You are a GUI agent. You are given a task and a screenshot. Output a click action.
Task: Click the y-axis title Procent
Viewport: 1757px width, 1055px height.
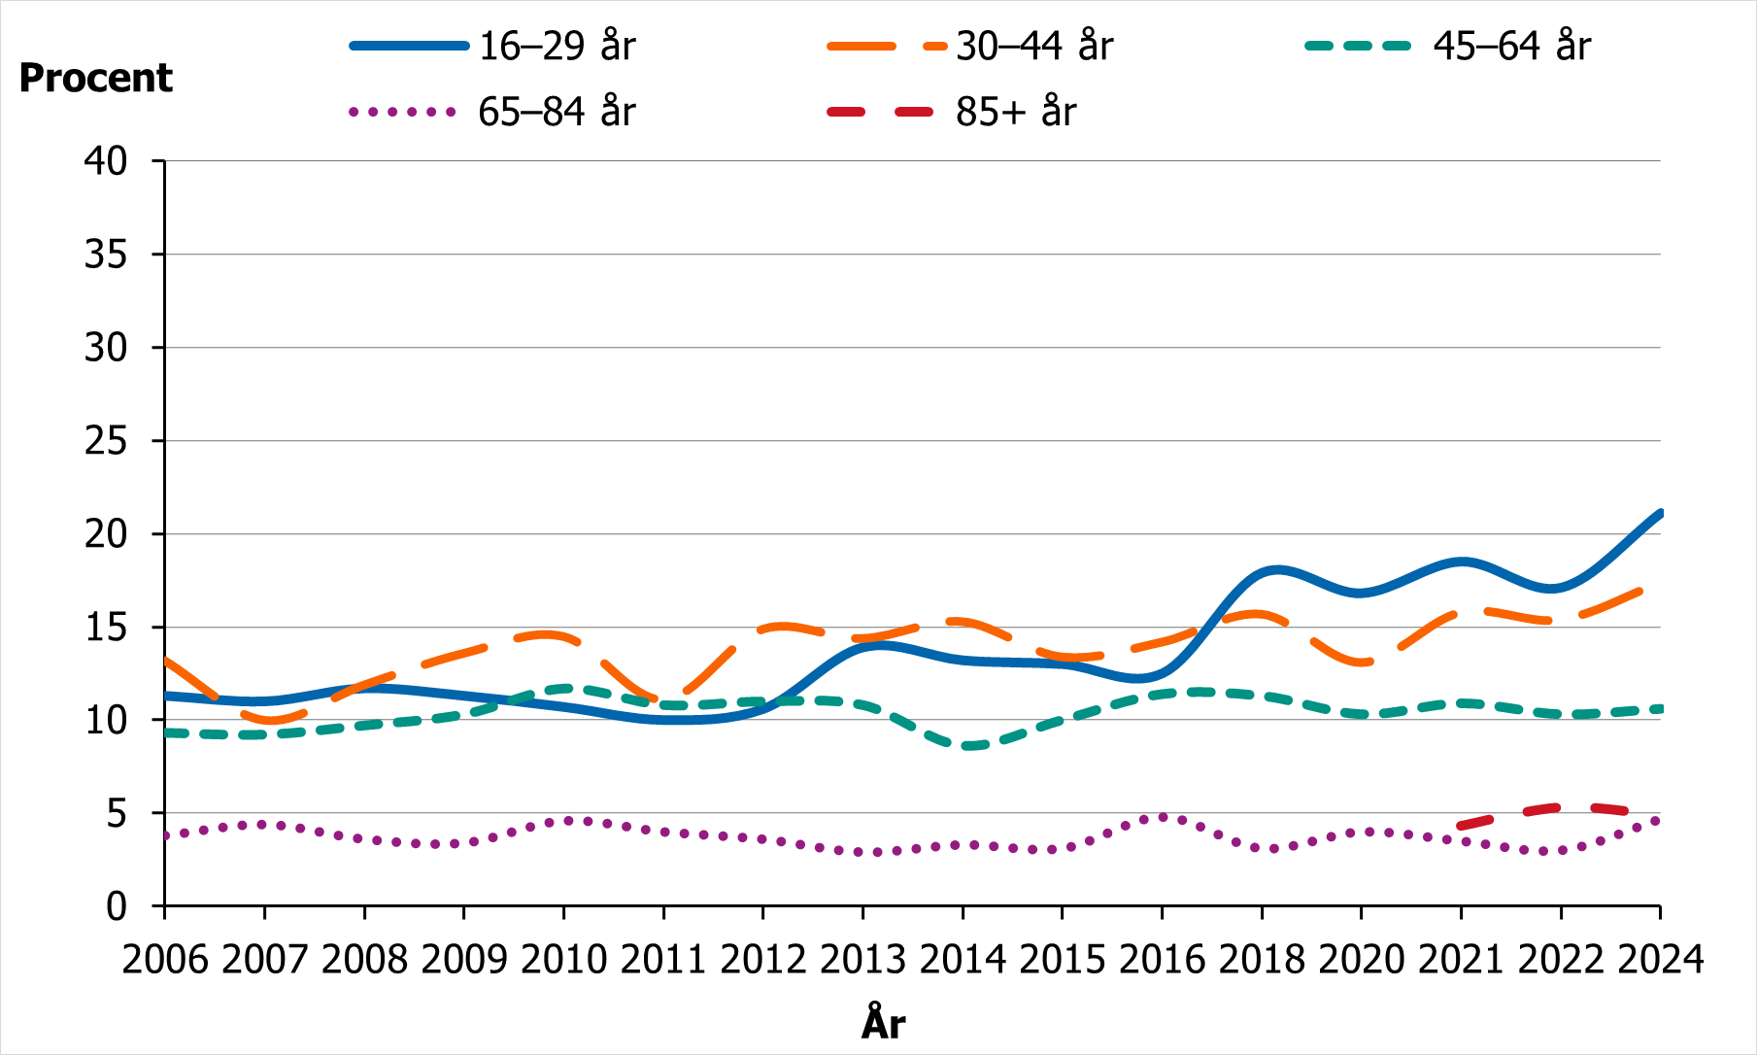95,78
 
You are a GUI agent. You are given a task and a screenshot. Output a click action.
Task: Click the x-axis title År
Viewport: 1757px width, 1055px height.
883,1023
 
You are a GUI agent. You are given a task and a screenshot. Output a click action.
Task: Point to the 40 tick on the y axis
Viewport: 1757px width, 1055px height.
106,161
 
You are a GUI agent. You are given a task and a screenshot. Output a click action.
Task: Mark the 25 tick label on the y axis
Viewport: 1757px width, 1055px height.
106,441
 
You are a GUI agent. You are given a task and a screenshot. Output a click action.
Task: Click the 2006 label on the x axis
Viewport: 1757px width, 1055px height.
165,960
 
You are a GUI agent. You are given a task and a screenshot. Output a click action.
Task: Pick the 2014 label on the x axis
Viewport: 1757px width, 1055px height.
963,960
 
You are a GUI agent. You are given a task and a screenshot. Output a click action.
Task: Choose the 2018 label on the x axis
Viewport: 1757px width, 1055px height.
1262,960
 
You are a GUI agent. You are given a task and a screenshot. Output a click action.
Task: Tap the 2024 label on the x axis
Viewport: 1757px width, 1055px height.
1660,960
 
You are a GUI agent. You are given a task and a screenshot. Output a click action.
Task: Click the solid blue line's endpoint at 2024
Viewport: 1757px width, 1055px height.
1660,513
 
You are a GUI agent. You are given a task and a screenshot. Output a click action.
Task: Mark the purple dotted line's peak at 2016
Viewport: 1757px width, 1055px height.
1163,817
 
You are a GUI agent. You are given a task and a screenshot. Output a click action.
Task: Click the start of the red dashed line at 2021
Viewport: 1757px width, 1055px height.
1462,826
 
